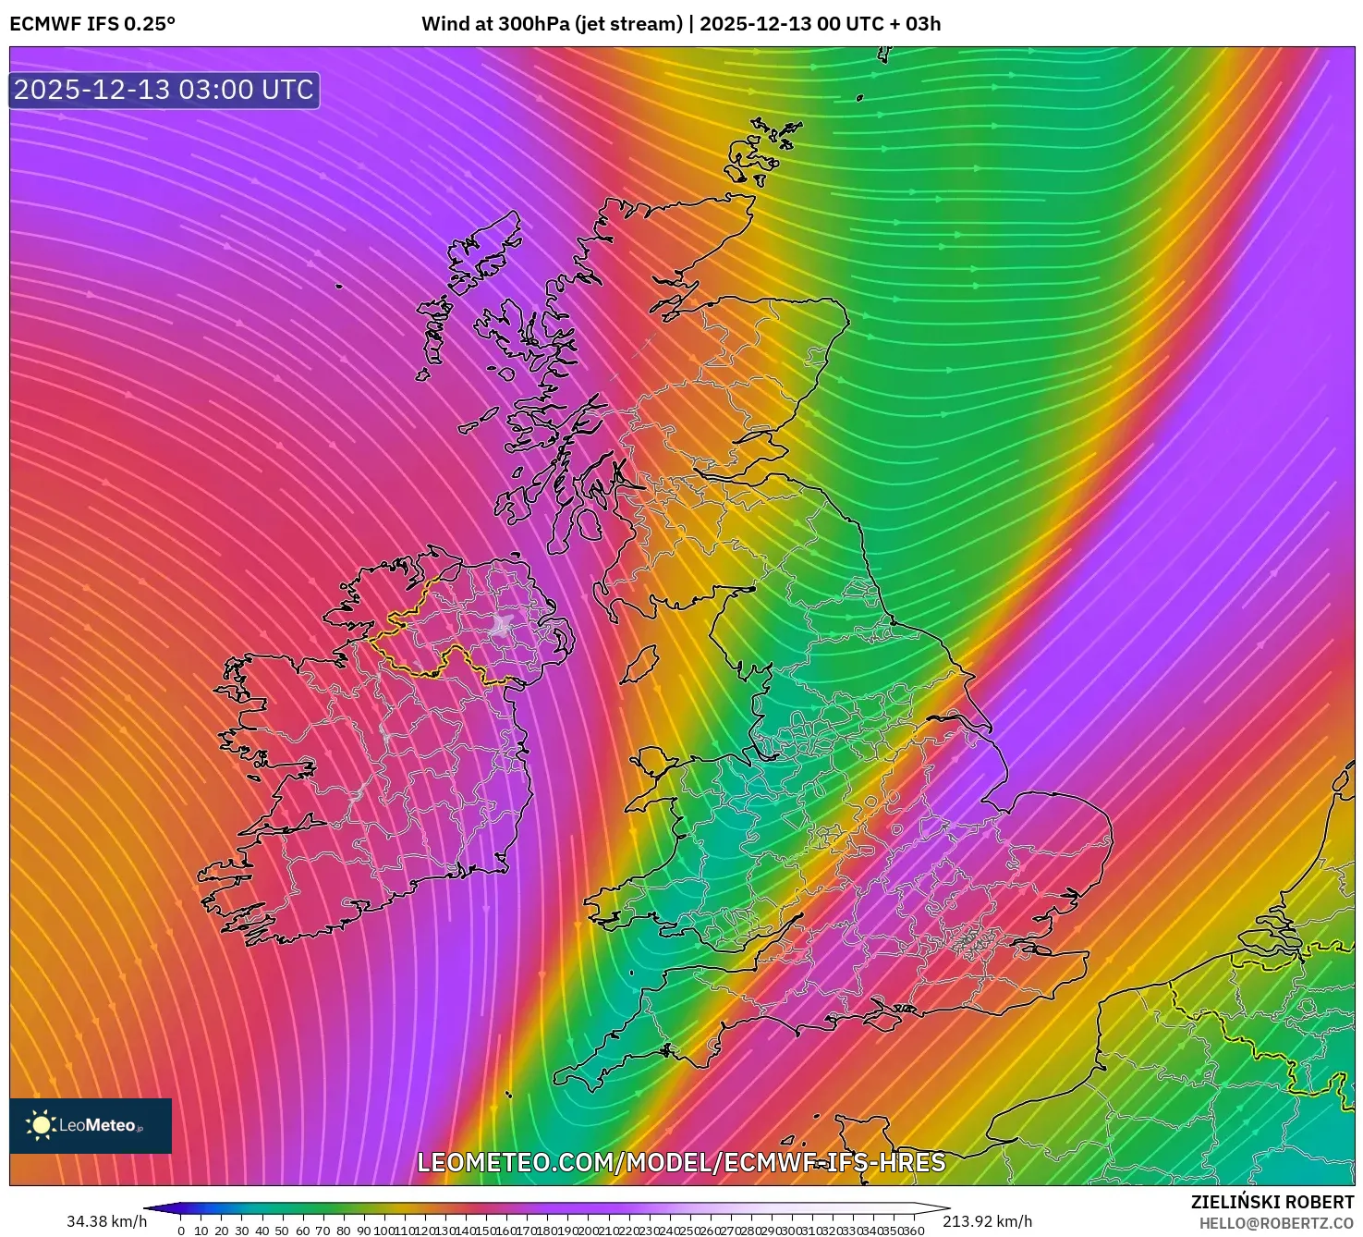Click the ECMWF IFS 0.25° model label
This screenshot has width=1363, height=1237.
point(92,24)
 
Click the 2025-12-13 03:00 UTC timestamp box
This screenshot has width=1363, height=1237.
point(164,90)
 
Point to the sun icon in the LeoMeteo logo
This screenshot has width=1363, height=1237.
point(41,1125)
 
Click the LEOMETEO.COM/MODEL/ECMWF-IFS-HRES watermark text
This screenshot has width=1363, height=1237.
point(681,1162)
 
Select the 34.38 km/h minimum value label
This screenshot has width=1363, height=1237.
point(106,1221)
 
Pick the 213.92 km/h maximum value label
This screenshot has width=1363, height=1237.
point(987,1221)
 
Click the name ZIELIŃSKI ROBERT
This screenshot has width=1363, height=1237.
point(1272,1202)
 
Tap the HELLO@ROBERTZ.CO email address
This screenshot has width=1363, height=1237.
point(1276,1223)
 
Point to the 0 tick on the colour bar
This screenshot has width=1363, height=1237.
point(181,1231)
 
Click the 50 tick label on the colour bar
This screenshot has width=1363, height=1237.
point(282,1231)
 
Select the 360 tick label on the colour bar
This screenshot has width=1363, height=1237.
point(913,1231)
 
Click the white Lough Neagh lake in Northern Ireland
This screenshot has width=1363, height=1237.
point(502,626)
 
